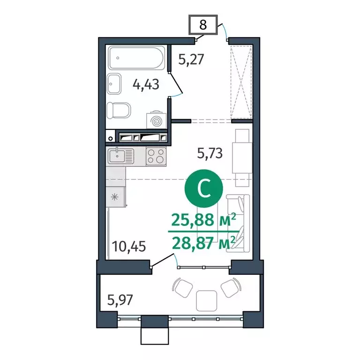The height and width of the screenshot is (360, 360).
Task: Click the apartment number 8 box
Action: [203, 25]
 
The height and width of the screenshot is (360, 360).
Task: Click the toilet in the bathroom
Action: [119, 111]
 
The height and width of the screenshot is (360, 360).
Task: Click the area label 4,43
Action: [146, 85]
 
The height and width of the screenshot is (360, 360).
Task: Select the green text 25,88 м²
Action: [203, 219]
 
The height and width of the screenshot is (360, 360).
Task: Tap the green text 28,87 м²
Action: [203, 243]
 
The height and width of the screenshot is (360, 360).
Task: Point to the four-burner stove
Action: [156, 156]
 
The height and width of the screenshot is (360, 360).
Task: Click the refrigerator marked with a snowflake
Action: [116, 196]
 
